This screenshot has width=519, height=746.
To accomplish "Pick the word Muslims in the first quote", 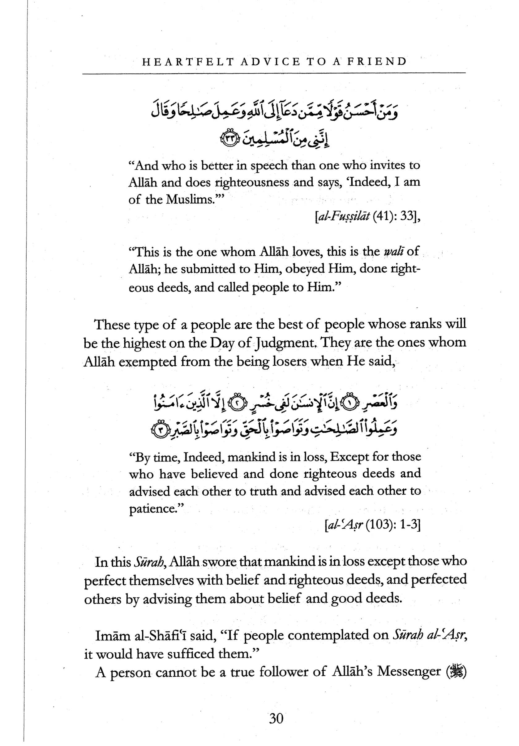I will coord(189,199).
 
